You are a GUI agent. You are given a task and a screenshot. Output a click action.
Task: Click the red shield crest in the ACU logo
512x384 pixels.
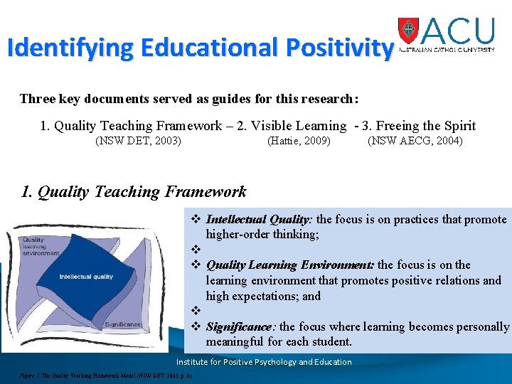point(409,30)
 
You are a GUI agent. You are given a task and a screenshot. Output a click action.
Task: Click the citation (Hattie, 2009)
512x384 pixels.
point(299,141)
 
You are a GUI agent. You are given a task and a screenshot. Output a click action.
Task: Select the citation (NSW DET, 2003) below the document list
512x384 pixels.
point(138,141)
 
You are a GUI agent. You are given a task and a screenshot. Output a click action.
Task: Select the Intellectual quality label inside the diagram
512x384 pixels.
point(86,277)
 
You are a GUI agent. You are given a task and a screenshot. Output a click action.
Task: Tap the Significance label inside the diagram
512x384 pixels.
point(123,324)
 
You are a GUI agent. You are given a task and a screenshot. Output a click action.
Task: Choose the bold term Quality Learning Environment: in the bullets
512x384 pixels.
point(289,265)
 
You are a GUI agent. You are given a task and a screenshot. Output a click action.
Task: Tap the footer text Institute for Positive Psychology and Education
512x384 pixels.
point(264,362)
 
